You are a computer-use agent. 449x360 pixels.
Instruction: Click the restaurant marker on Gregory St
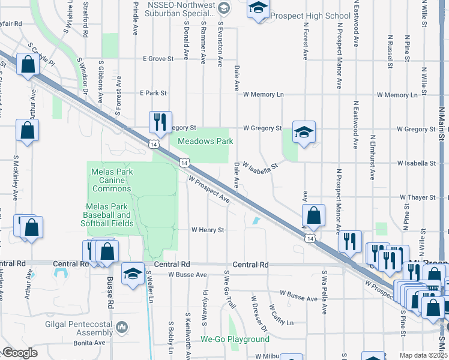(160, 122)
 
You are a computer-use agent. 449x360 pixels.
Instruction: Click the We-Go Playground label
(235, 340)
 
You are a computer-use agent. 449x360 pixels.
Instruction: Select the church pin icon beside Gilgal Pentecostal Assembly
(122, 327)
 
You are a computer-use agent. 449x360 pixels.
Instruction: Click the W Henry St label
(208, 230)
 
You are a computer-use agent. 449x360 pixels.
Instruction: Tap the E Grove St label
(158, 59)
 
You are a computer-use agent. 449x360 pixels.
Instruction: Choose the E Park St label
(152, 94)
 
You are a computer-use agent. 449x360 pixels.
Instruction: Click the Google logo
(20, 353)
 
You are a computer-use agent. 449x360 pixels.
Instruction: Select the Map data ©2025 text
(423, 355)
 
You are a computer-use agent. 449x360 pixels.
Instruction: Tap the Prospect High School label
(310, 16)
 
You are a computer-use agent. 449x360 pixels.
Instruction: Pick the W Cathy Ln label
(282, 314)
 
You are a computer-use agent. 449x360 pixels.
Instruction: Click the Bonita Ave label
(91, 343)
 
